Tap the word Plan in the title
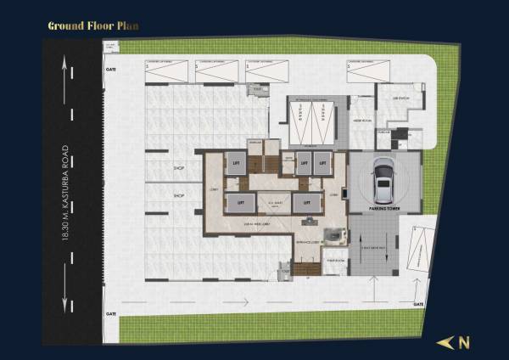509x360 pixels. click(127, 25)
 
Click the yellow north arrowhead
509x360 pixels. click(444, 343)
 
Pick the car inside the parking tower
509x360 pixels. click(384, 179)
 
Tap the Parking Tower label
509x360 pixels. click(383, 207)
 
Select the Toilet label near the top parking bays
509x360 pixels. click(257, 87)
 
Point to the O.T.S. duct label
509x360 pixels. click(274, 204)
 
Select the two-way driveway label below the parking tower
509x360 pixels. click(374, 245)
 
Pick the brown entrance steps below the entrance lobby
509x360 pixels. click(307, 269)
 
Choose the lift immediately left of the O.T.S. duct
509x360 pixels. click(241, 204)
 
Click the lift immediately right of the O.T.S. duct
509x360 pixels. click(306, 204)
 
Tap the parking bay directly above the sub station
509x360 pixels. click(364, 71)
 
